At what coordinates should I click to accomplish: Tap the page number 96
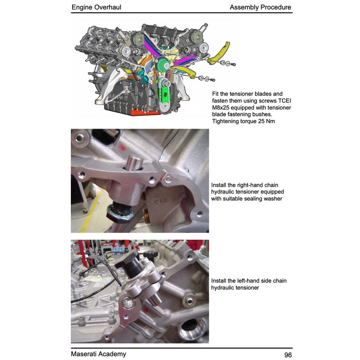tap(288, 355)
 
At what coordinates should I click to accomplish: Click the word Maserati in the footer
tap(84, 354)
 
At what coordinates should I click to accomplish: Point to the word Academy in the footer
tap(112, 354)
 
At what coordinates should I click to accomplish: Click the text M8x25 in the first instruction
tap(220, 107)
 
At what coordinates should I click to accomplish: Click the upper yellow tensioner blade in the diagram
tap(220, 53)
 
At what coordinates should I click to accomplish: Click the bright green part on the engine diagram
tap(165, 94)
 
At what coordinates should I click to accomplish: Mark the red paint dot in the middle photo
tap(123, 148)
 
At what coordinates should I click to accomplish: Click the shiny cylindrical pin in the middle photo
tap(135, 163)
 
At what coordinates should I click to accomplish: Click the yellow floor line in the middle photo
tap(91, 210)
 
